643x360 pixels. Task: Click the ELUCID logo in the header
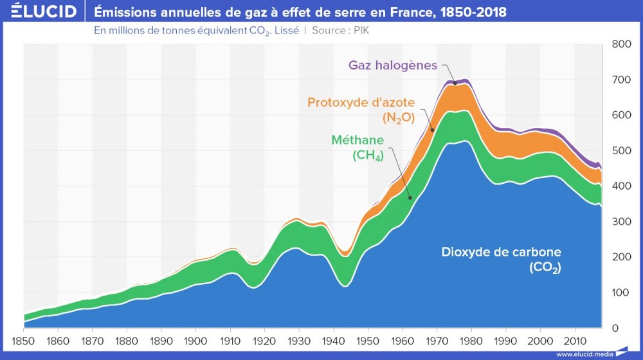pos(40,12)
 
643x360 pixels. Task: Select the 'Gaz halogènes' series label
pos(393,66)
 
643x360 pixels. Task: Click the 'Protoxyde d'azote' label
pos(361,102)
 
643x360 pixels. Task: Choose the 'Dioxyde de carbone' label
pos(502,251)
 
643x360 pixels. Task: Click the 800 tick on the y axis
pos(621,44)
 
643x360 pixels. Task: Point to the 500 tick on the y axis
pos(621,151)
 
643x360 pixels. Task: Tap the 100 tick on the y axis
pos(621,293)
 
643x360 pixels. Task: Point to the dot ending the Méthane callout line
pos(410,198)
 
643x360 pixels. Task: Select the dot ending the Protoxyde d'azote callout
pos(432,130)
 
